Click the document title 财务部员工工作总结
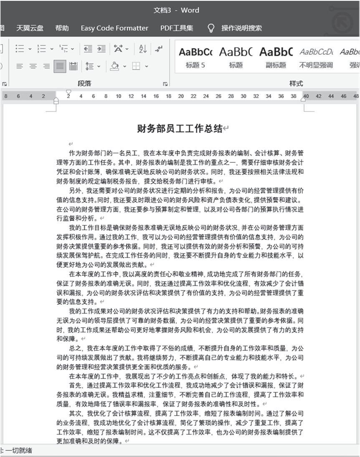click(180, 129)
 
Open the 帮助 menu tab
click(62, 28)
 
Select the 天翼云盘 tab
click(30, 28)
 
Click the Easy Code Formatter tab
click(114, 28)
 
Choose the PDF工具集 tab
click(177, 28)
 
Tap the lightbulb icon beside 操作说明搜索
click(211, 28)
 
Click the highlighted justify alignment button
click(60, 66)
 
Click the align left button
click(20, 66)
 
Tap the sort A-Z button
click(143, 49)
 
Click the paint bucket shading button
click(114, 66)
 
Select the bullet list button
click(20, 49)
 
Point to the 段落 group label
click(84, 83)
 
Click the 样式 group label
click(296, 83)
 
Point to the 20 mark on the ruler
click(181, 96)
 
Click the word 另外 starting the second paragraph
click(76, 190)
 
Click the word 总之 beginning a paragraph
click(76, 348)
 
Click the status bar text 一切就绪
click(18, 450)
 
